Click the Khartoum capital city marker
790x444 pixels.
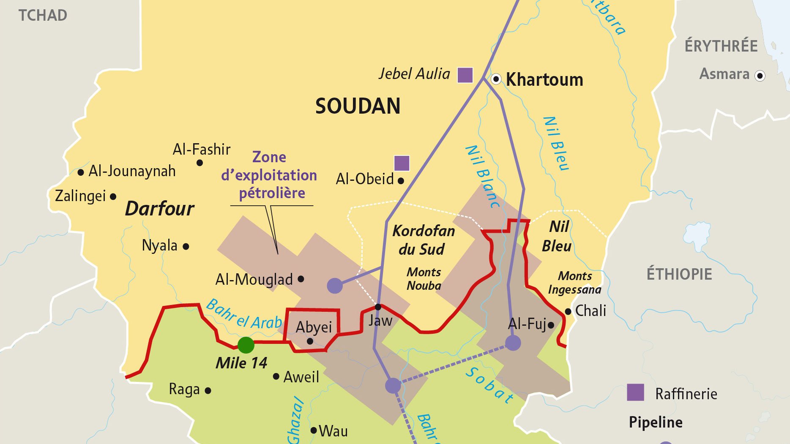click(x=496, y=79)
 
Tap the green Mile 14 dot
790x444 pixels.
click(x=246, y=345)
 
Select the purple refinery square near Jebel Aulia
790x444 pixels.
click(x=465, y=75)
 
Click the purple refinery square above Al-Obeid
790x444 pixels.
click(x=402, y=163)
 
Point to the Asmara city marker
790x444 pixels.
click(x=760, y=76)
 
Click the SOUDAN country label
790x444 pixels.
click(x=358, y=106)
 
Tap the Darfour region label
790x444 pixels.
click(x=160, y=209)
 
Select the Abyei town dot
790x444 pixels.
click(x=310, y=341)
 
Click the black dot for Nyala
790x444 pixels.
click(x=186, y=246)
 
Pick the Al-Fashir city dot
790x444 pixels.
click(x=200, y=163)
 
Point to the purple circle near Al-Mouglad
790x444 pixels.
click(x=335, y=286)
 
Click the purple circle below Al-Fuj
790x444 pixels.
click(x=513, y=343)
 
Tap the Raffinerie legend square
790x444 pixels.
click(x=635, y=392)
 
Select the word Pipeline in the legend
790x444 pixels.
click(x=656, y=422)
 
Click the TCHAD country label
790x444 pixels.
click(x=43, y=16)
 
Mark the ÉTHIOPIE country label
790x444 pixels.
click(x=679, y=274)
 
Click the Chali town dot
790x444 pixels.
click(x=568, y=312)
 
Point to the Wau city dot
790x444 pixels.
click(x=314, y=430)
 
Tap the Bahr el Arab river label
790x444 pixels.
click(x=244, y=315)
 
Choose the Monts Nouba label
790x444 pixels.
click(x=424, y=279)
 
